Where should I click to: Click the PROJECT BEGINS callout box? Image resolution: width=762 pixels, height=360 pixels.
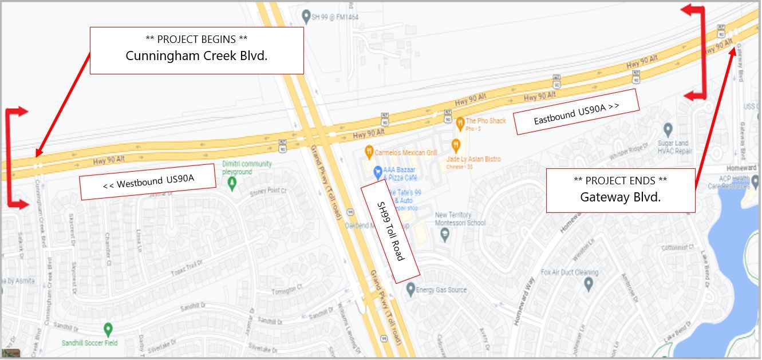pos(196,50)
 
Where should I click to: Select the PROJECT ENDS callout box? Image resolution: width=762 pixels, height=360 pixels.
pos(620,190)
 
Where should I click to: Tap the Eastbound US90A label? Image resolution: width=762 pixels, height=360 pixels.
pos(577,112)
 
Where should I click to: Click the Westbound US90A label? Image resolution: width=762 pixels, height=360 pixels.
pos(148,181)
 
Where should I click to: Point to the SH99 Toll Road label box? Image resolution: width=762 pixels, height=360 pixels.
pos(390,230)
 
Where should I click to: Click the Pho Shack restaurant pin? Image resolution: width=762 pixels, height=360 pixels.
pos(460,122)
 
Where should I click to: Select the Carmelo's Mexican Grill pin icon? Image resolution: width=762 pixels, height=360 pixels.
pos(369,152)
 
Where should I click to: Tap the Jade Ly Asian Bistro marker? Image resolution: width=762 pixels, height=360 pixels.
pos(456,145)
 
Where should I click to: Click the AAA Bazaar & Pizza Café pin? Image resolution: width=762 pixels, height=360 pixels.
pos(377,171)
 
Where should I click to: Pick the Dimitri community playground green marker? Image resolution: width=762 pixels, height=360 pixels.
pos(232,183)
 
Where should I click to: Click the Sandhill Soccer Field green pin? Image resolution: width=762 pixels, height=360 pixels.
pos(108,330)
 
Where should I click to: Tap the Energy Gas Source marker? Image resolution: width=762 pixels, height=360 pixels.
pos(410,289)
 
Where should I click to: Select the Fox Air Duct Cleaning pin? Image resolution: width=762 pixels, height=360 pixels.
pos(589,283)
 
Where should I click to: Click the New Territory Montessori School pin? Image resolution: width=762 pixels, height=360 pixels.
pos(445,234)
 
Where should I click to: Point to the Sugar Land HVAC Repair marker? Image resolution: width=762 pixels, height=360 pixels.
pos(668,130)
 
